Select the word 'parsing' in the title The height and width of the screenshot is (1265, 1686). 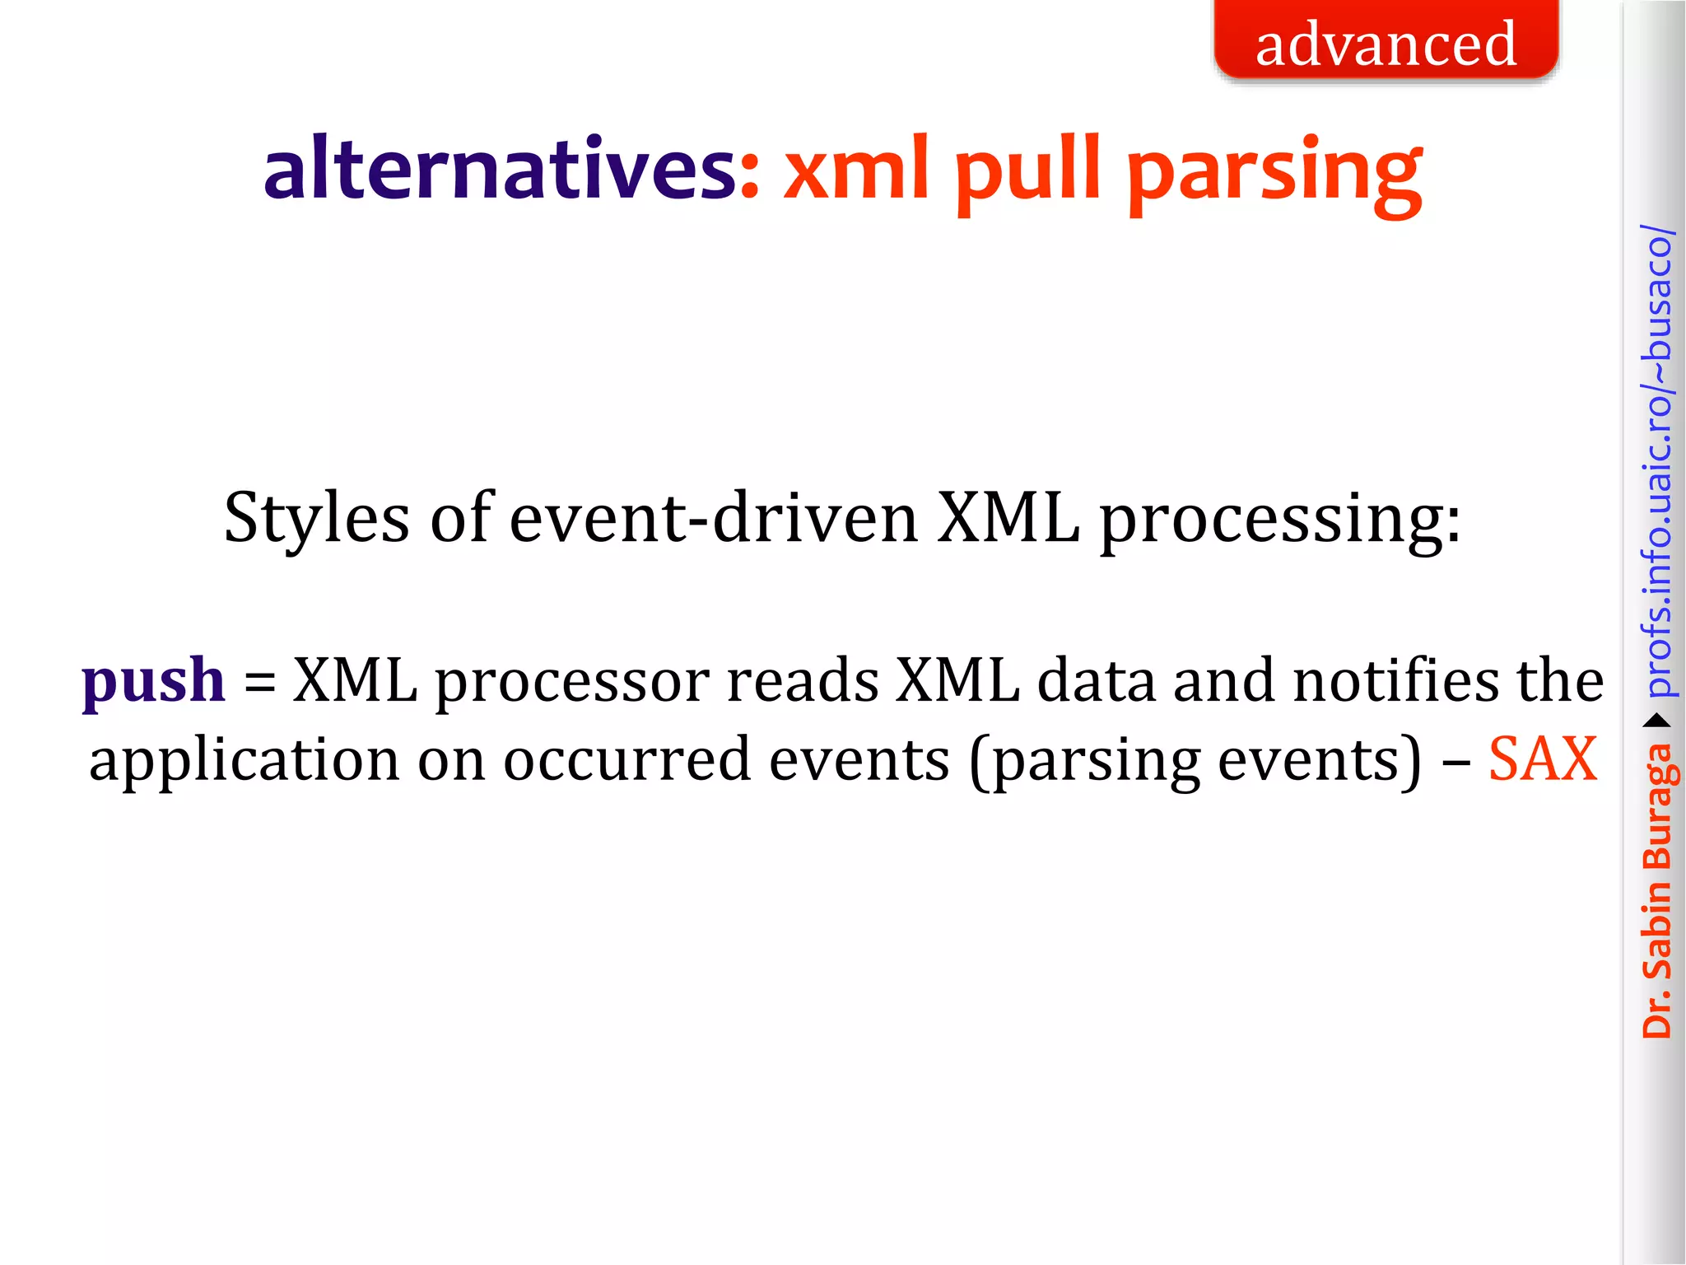coord(1274,175)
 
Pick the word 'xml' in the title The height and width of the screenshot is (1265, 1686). coord(856,169)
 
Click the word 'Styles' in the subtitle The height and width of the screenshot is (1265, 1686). coord(316,519)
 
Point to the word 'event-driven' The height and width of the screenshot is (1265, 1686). coord(714,519)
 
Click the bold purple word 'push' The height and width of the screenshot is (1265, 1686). coord(154,682)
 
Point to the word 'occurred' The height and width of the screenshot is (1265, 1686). coord(626,759)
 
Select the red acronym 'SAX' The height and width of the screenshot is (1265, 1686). coord(1543,759)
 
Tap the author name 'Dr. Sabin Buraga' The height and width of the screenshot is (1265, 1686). coord(1656,889)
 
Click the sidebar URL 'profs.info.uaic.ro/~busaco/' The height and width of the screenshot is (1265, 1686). coord(1656,461)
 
